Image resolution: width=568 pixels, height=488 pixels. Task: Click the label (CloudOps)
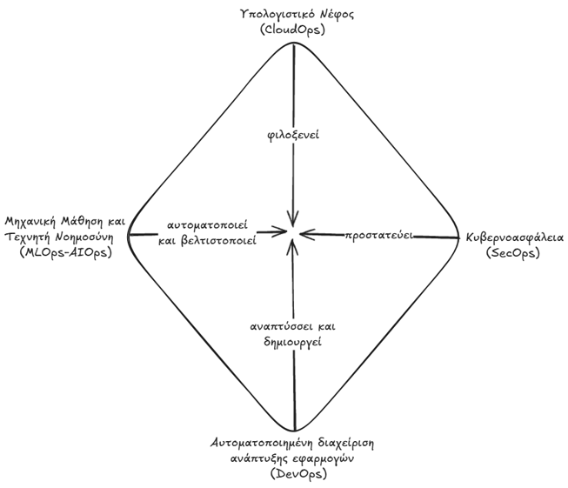pos(292,30)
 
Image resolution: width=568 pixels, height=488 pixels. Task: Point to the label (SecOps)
pos(512,252)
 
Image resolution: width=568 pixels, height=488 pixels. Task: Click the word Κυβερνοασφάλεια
pos(515,237)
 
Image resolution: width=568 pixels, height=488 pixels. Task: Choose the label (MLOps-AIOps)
pos(65,251)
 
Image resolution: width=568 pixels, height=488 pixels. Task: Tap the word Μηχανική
pos(30,221)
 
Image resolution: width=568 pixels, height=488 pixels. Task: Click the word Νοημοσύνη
pos(84,237)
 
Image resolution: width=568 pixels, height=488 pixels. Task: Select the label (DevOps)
pos(298,473)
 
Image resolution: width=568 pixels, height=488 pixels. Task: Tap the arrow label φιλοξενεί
pos(293,135)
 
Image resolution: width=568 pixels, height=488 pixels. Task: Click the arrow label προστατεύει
pos(379,236)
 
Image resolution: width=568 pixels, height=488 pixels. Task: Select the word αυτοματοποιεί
pos(208,225)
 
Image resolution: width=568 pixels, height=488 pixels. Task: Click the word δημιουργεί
pos(292,342)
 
